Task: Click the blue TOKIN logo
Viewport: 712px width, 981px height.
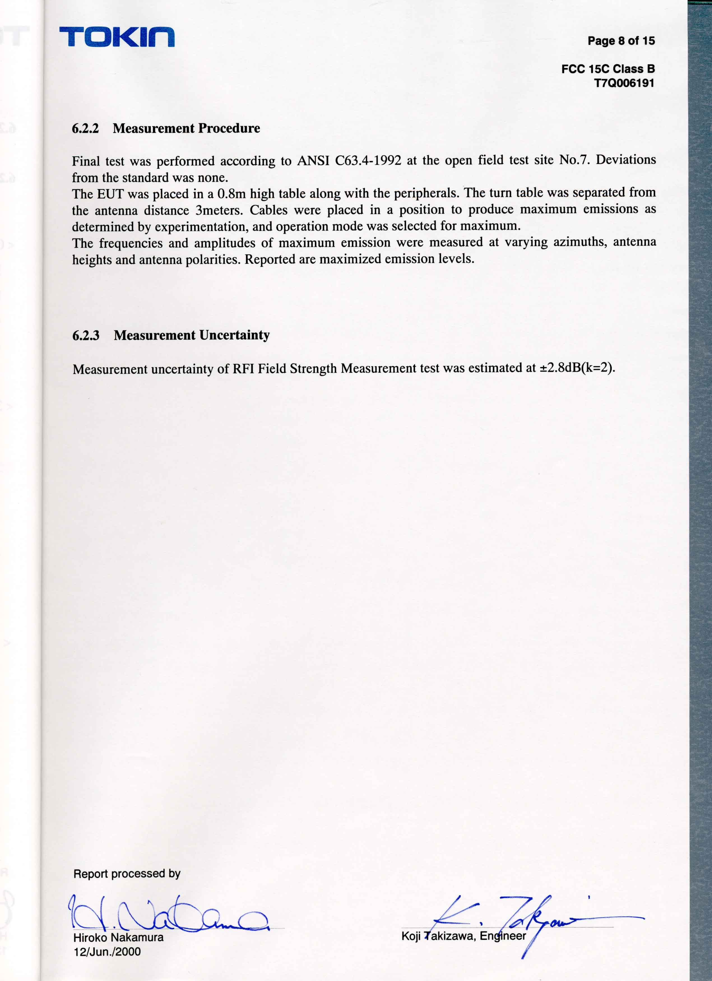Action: pyautogui.click(x=117, y=37)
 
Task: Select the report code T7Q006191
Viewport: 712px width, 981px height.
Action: pyautogui.click(x=624, y=83)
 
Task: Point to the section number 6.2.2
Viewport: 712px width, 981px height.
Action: pyautogui.click(x=85, y=128)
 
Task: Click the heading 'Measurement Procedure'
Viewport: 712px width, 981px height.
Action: pyautogui.click(x=186, y=128)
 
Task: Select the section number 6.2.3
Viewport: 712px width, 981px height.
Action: pyautogui.click(x=86, y=335)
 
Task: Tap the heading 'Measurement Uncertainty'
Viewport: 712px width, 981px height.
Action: pyautogui.click(x=192, y=335)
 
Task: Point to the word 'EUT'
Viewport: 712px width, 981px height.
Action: pyautogui.click(x=110, y=194)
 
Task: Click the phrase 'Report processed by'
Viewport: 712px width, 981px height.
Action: pyautogui.click(x=127, y=873)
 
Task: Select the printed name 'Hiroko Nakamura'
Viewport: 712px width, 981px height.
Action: pyautogui.click(x=118, y=937)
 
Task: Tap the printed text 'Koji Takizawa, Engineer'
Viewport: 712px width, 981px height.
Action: pyautogui.click(x=463, y=936)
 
